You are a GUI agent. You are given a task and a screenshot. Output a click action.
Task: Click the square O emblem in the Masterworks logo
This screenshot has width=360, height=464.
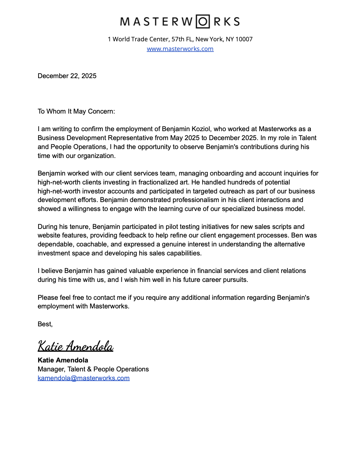(203, 22)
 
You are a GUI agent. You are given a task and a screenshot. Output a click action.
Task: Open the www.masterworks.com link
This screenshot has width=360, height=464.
(180, 49)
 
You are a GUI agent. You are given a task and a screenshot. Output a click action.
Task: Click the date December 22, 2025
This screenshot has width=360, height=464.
(67, 76)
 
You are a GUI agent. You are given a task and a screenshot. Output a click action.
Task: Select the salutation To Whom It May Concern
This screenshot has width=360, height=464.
(76, 112)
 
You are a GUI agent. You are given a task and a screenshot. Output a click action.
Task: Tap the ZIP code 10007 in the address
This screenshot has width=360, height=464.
(244, 39)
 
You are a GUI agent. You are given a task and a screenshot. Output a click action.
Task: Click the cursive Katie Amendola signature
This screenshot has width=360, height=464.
(75, 346)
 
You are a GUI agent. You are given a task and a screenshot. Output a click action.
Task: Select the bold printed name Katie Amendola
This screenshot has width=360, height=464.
(63, 360)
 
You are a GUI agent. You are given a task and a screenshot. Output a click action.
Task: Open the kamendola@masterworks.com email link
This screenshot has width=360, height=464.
(84, 378)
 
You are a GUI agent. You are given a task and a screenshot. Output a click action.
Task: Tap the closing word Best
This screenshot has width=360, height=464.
(45, 324)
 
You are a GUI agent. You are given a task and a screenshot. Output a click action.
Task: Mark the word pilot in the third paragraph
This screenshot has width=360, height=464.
(174, 227)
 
